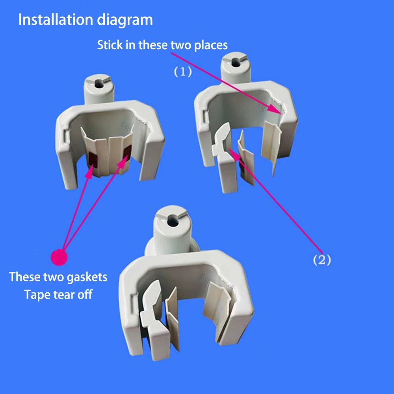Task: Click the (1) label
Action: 183,72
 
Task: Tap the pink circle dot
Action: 59,257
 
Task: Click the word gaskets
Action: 87,277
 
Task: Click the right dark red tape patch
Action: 126,152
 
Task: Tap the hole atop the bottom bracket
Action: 173,222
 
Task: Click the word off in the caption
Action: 85,294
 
